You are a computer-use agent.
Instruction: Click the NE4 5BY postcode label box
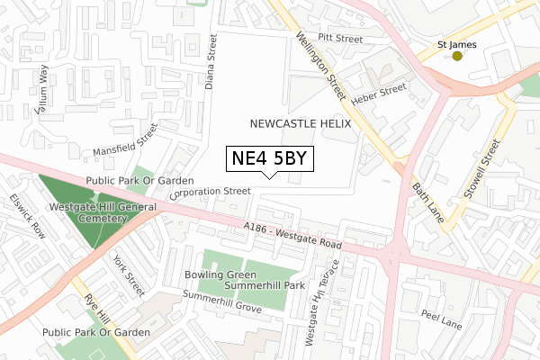click(270, 159)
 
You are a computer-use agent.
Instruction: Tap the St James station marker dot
click(457, 57)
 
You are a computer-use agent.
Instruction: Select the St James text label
click(455, 43)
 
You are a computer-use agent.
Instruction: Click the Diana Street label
click(212, 64)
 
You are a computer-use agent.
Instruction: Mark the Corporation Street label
click(209, 192)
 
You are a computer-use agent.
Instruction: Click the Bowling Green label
click(216, 274)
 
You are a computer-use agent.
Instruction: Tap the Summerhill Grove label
click(221, 301)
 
